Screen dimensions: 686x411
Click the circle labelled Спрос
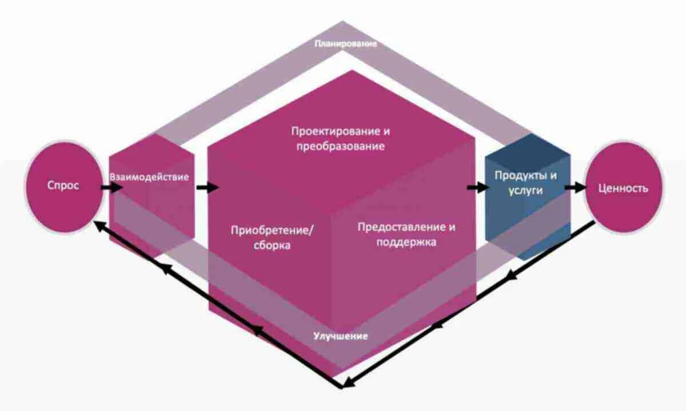tap(63, 187)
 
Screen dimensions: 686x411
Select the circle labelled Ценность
tap(623, 188)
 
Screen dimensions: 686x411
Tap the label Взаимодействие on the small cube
tap(149, 177)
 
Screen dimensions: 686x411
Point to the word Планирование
tap(346, 44)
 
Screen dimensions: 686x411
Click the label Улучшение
tap(340, 336)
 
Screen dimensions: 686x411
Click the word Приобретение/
tap(273, 231)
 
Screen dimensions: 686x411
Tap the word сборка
tap(273, 246)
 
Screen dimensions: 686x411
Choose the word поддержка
tap(406, 242)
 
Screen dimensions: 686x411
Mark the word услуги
tap(525, 191)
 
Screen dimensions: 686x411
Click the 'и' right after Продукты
tap(553, 175)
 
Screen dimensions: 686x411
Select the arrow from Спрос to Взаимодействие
tap(112, 187)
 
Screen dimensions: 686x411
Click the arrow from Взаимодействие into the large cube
tap(207, 187)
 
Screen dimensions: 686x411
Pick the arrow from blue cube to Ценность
tap(575, 187)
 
